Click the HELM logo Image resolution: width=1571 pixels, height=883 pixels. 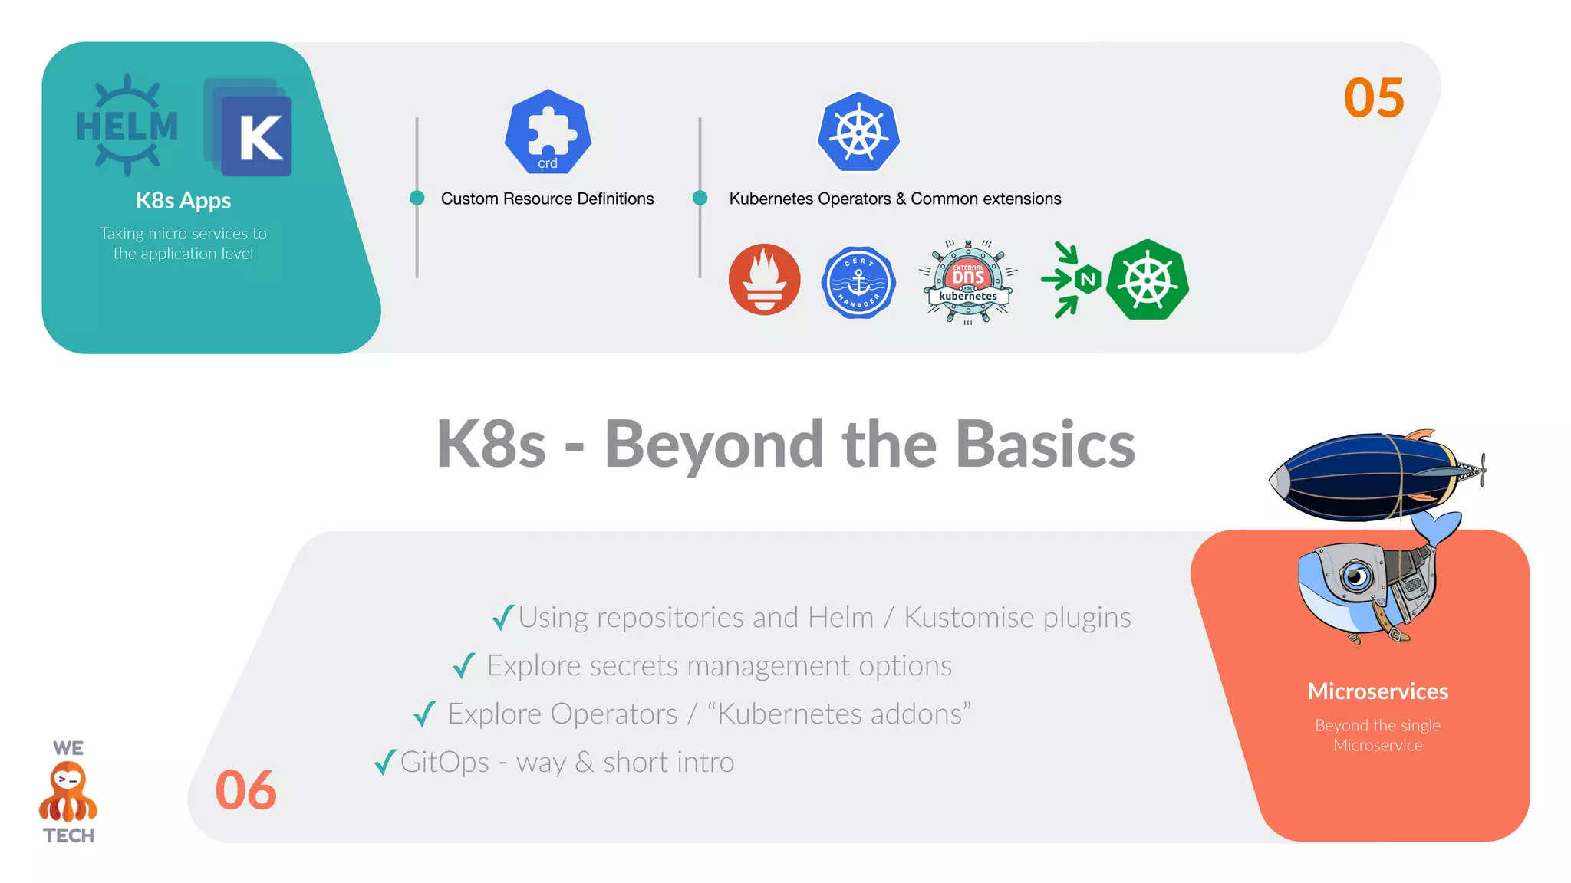tap(127, 125)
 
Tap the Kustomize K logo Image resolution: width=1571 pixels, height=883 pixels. tap(249, 128)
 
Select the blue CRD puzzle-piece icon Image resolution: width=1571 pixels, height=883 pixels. tap(548, 131)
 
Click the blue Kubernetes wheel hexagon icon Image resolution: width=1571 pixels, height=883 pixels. tap(858, 133)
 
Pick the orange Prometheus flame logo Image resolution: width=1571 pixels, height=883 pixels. tap(764, 280)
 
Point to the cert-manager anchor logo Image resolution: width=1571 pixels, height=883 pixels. tap(858, 282)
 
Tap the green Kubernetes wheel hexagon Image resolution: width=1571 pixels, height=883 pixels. tap(1148, 281)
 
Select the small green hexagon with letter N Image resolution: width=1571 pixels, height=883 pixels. tap(1088, 280)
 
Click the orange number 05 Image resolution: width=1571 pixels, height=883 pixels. tap(1374, 98)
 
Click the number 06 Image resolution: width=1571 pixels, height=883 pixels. tap(245, 790)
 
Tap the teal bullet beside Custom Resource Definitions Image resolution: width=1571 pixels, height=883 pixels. tap(417, 198)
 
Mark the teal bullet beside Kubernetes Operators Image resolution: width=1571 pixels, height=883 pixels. tap(700, 198)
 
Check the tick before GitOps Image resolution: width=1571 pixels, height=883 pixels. tap(385, 762)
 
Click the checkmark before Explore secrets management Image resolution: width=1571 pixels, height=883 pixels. tap(464, 665)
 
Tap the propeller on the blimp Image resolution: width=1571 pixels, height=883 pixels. tap(1481, 469)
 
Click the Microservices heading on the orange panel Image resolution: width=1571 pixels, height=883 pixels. tap(1378, 691)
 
